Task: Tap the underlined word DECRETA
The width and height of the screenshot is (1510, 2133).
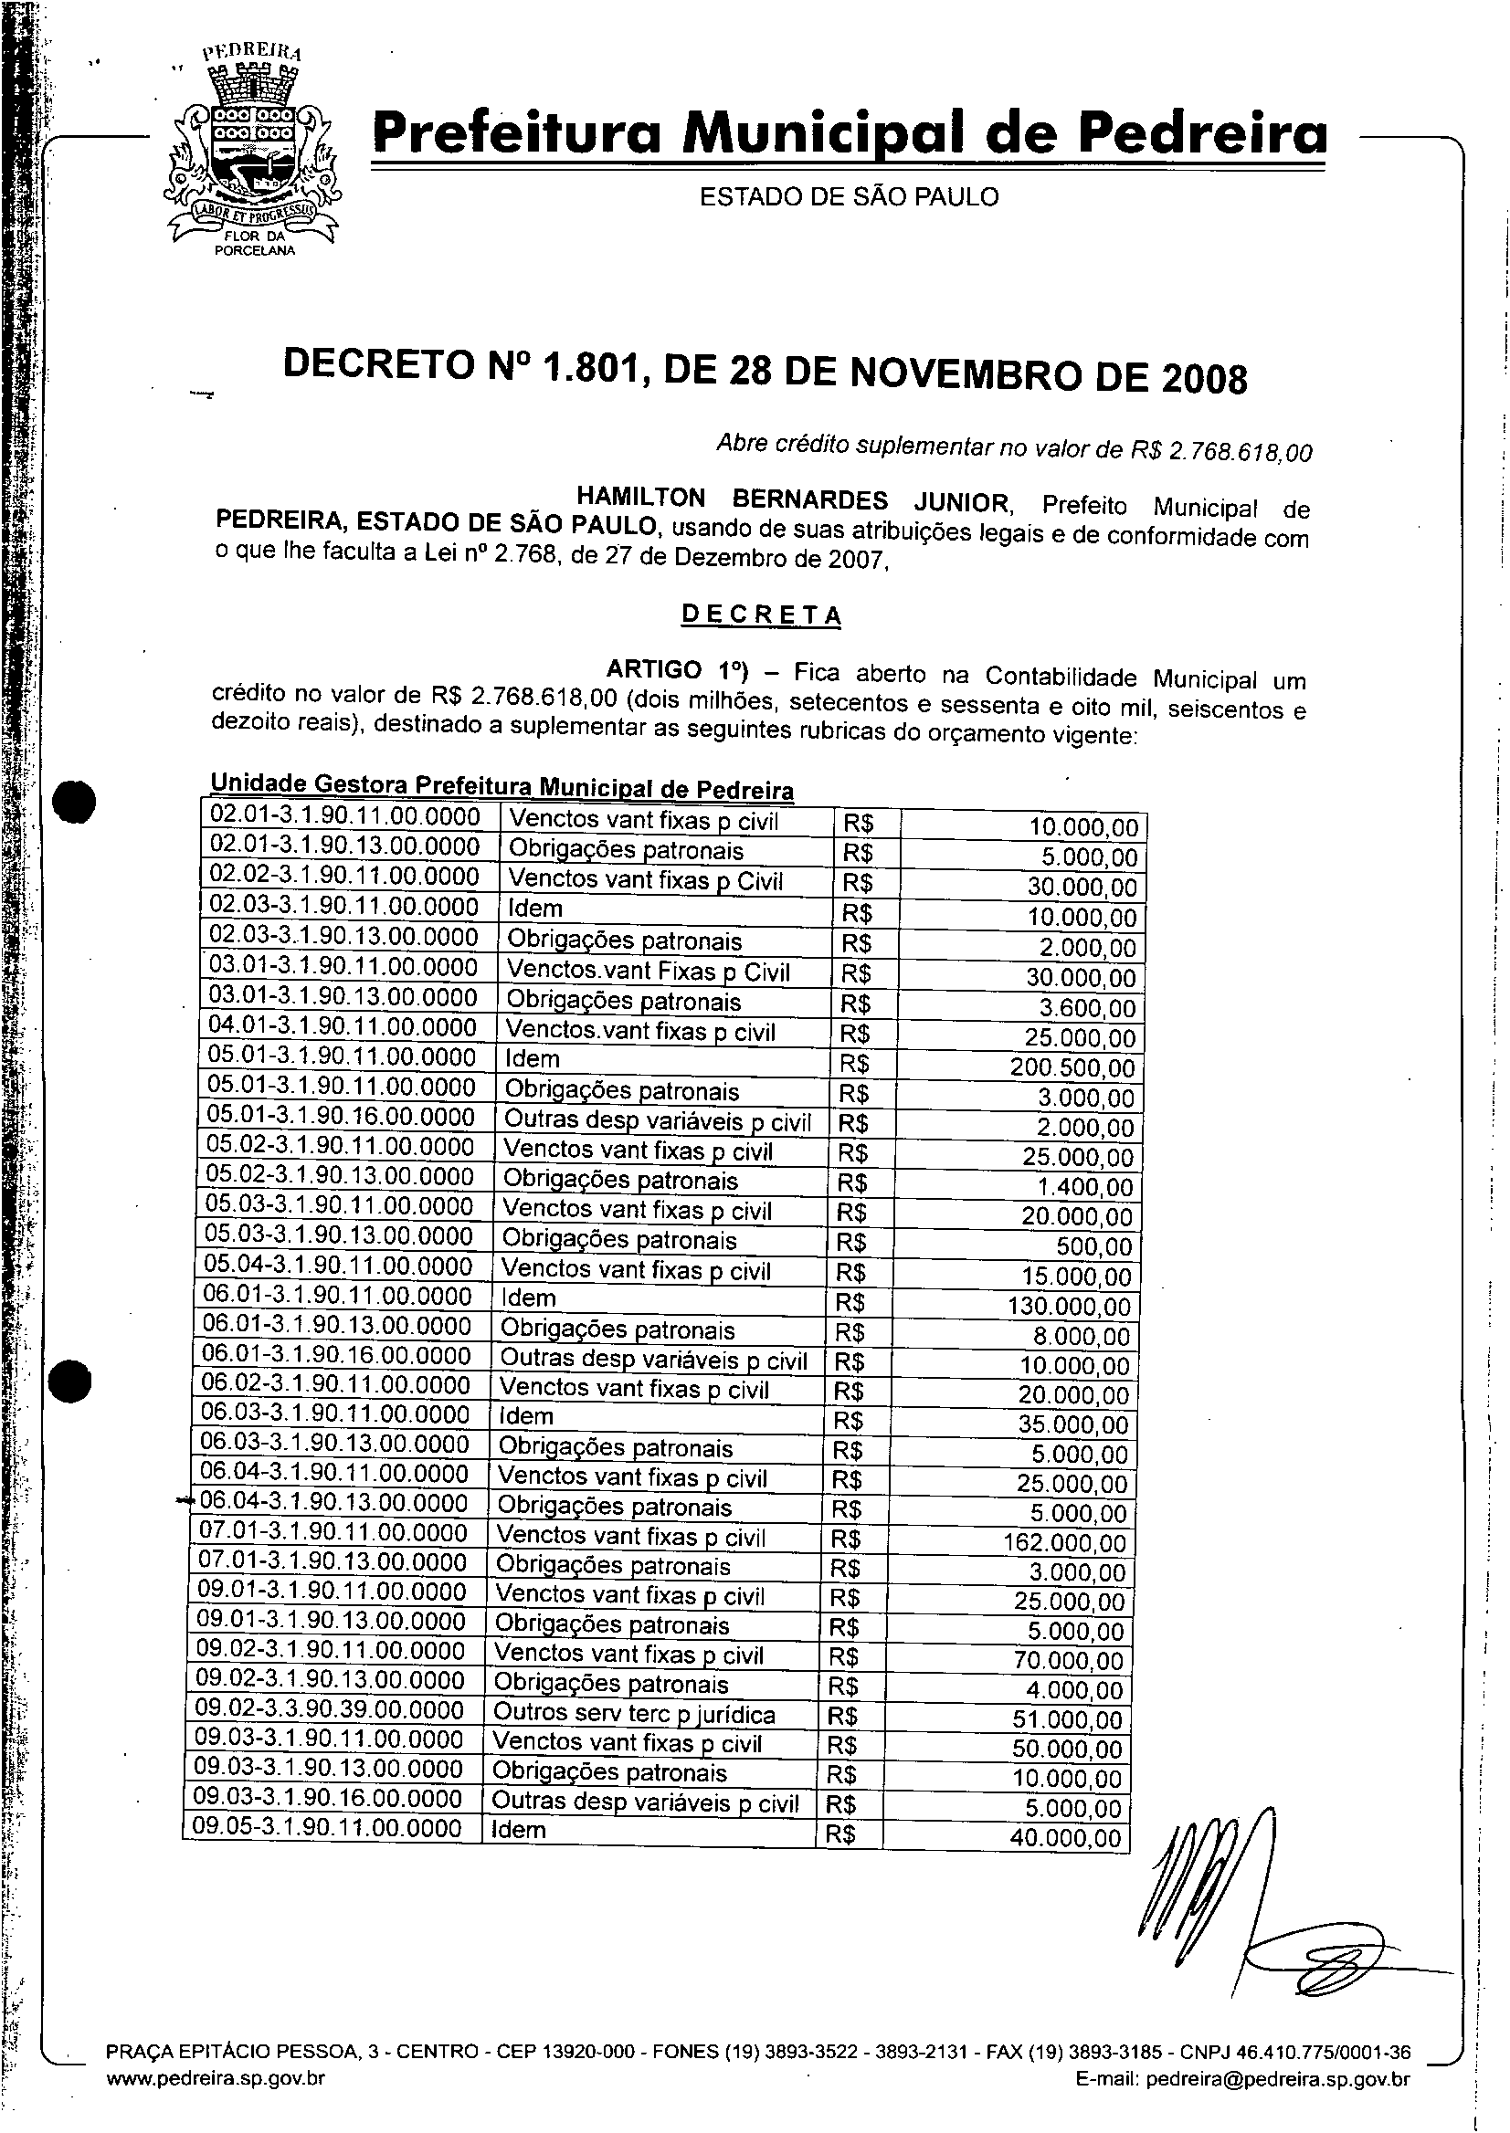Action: coord(761,615)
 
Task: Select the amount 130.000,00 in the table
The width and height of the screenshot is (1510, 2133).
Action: coord(1069,1307)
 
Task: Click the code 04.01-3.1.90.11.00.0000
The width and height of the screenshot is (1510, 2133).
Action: coord(342,1028)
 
